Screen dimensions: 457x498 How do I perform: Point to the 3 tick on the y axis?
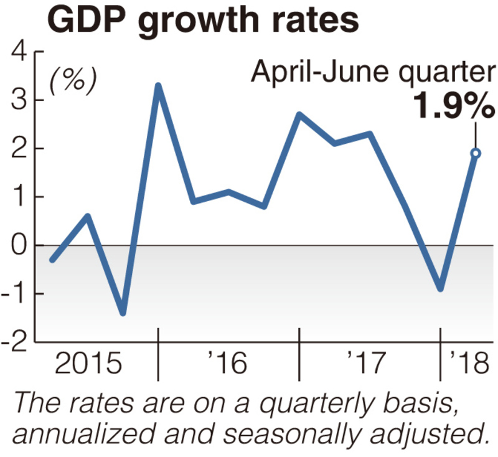[19, 101]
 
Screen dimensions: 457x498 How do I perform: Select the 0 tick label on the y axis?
[19, 245]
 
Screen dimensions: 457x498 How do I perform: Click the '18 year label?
[470, 363]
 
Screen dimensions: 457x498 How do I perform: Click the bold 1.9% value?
[453, 108]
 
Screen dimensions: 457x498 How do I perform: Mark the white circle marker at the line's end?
[476, 153]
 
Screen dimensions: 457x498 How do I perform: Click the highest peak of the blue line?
[158, 86]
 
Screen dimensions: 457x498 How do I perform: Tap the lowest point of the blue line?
[123, 313]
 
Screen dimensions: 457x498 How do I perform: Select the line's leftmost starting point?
[52, 259]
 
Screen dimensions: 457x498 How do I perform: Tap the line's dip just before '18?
[440, 288]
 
